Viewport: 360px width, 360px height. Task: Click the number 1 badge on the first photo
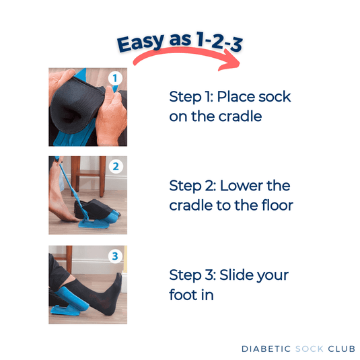coord(115,78)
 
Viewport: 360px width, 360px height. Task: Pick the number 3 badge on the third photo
coord(115,256)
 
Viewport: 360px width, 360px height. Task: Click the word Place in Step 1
coord(236,97)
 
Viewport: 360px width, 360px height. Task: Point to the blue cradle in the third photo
coord(67,306)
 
